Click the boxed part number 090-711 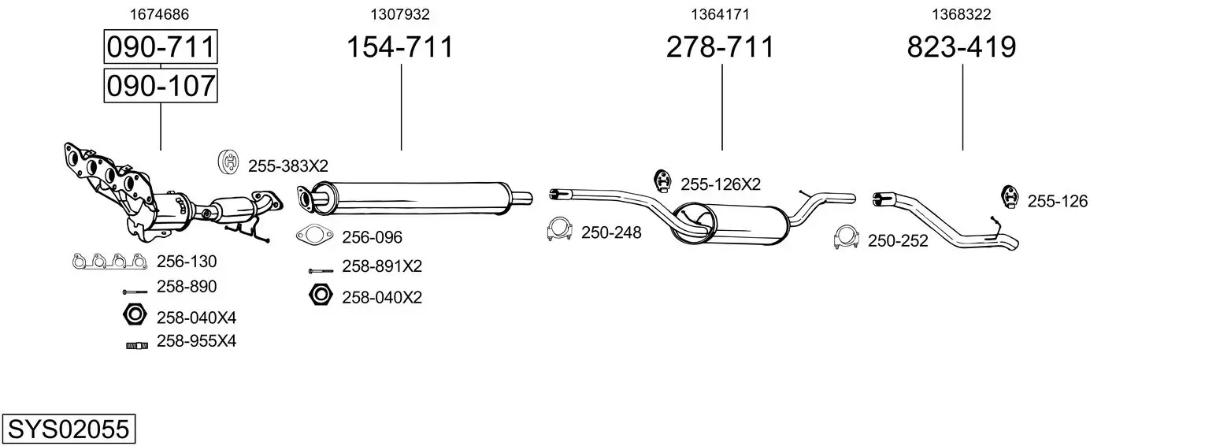[x=161, y=47]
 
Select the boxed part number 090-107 [x=161, y=85]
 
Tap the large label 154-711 [x=400, y=47]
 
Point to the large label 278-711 [x=720, y=47]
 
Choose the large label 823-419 [x=961, y=47]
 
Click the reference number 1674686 [x=158, y=14]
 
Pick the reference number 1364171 [x=720, y=14]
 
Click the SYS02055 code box [x=68, y=429]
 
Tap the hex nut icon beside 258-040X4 [x=135, y=315]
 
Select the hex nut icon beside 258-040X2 [x=320, y=295]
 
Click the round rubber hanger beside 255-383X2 [x=228, y=162]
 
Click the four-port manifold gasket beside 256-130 [x=109, y=261]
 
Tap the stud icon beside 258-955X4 [x=136, y=344]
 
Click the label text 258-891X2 [x=382, y=266]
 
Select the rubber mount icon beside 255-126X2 [x=662, y=181]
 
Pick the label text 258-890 [x=187, y=287]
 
